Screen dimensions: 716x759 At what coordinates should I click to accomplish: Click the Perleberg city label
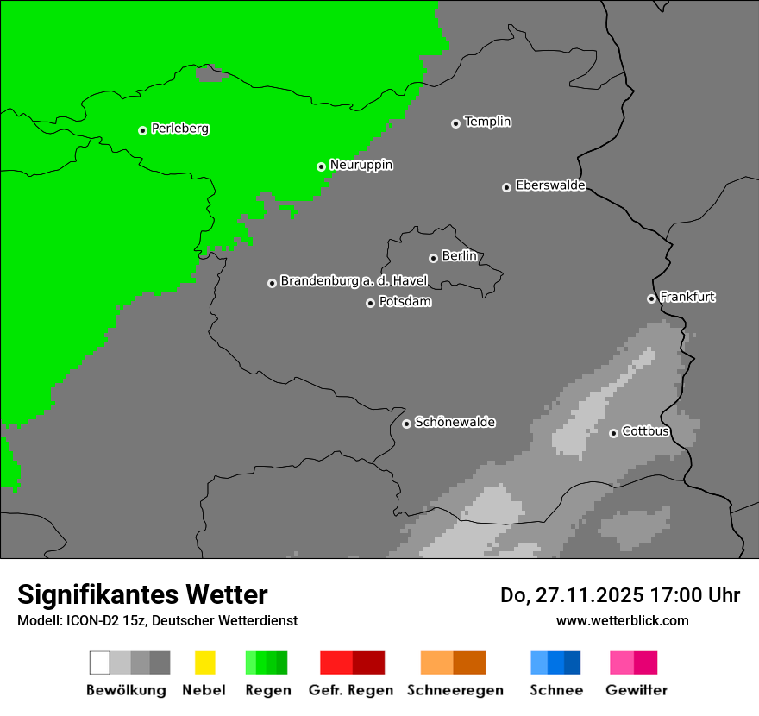[x=179, y=129]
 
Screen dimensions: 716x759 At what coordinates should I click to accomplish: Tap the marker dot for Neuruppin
[x=321, y=166]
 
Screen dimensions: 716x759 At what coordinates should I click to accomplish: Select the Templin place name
[x=487, y=122]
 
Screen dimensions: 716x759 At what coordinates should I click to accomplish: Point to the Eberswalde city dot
[x=506, y=187]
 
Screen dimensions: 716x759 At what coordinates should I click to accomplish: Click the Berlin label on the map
[x=459, y=256]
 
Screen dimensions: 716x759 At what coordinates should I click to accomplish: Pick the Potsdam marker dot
[x=370, y=303]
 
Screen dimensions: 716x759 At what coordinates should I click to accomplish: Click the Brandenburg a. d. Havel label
[x=354, y=281]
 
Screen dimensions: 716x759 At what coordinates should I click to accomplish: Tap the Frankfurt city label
[x=687, y=297]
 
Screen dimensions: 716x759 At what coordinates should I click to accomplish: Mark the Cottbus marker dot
[x=613, y=433]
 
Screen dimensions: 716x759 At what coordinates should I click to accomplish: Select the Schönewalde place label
[x=455, y=422]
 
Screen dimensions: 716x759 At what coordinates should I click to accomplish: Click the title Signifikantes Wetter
[x=142, y=594]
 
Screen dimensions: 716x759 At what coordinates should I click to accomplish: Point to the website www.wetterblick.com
[x=622, y=620]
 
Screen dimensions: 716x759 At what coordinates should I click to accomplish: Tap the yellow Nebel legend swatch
[x=204, y=663]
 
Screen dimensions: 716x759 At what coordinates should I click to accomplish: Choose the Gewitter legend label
[x=636, y=690]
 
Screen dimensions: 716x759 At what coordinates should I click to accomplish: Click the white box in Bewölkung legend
[x=100, y=663]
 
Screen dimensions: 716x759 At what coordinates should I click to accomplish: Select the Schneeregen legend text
[x=455, y=690]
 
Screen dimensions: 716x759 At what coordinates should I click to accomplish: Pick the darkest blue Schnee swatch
[x=573, y=663]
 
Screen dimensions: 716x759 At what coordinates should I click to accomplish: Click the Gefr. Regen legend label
[x=350, y=690]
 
